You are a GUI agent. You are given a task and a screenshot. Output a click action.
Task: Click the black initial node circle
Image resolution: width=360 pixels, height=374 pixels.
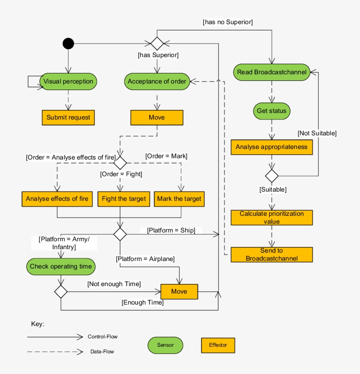point(68,44)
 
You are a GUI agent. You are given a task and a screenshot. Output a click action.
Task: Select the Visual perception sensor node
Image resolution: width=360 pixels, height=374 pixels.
point(68,81)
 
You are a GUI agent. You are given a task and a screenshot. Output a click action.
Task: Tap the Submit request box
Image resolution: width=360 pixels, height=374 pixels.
point(68,118)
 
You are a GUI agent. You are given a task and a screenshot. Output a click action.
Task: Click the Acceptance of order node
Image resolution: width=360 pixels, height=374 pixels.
point(157,81)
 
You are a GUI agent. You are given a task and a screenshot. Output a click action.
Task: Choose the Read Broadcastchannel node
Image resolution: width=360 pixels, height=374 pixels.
point(272,72)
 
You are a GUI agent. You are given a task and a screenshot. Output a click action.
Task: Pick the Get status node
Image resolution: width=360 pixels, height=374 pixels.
point(272,111)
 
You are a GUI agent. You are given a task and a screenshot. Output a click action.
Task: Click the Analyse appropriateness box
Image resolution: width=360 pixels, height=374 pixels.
point(272,147)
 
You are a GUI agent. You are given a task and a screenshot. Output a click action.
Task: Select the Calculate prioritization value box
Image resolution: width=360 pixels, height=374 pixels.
point(272,218)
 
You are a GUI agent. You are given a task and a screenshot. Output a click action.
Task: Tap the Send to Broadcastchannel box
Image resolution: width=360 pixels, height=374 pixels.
point(272,254)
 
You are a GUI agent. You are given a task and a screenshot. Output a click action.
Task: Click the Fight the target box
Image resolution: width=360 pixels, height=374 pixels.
point(124,199)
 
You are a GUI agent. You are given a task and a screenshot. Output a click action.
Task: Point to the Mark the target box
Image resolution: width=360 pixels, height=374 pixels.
point(179,199)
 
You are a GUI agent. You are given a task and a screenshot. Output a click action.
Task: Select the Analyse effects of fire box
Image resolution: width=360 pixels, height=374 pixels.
point(57,199)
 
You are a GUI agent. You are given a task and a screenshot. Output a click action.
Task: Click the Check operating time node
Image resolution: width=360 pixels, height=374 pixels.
point(61,266)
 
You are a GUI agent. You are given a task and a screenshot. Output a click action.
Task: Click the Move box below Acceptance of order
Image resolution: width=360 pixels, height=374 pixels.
point(157,118)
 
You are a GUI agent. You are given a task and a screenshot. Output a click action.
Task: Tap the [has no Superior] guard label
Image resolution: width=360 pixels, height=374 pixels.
point(228,22)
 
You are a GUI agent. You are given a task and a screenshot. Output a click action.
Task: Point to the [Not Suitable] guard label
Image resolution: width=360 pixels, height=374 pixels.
point(317,133)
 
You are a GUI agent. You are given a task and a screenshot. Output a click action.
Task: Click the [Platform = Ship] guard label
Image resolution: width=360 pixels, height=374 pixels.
point(171,230)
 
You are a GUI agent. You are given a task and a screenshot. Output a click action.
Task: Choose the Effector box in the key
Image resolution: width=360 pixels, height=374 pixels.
point(218,345)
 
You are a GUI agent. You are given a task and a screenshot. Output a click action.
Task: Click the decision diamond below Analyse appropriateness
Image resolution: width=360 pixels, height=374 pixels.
point(272,176)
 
